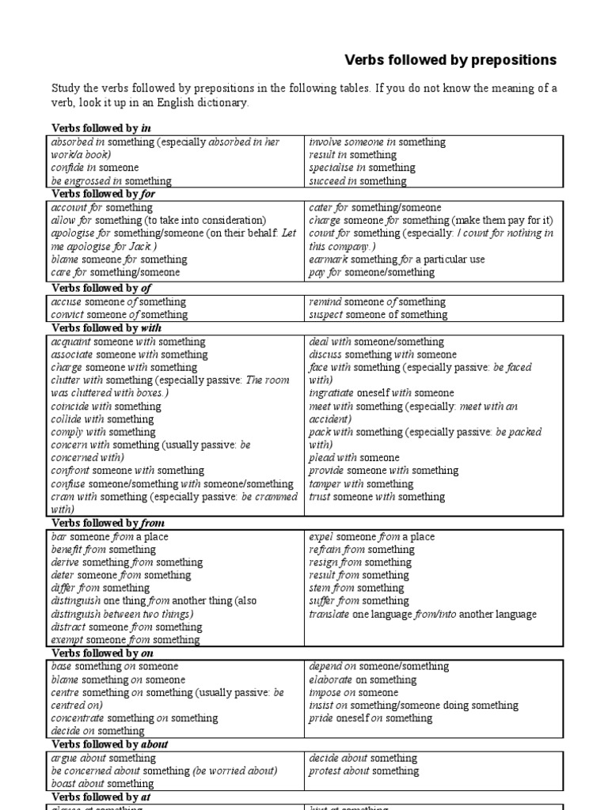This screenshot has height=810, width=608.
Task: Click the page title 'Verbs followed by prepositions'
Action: point(450,60)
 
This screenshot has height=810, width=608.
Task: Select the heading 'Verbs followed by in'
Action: point(101,127)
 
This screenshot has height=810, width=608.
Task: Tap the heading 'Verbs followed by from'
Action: point(108,523)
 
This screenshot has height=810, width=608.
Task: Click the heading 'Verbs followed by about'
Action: point(110,744)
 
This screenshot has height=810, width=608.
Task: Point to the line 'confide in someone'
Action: point(95,168)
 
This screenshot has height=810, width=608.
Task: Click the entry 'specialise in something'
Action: point(362,168)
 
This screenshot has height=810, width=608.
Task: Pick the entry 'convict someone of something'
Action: point(118,315)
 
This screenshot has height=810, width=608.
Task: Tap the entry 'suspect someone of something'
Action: point(378,315)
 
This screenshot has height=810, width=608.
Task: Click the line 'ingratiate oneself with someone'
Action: point(382,393)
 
